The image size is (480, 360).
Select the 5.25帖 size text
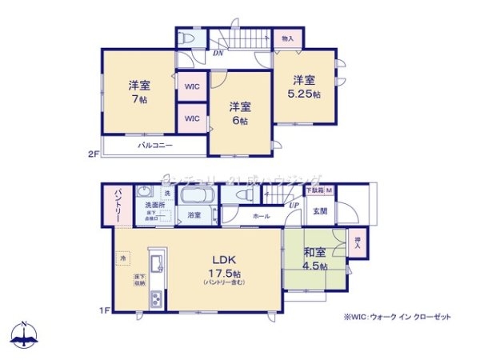[x=306, y=94]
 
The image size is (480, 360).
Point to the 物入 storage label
[x=288, y=38]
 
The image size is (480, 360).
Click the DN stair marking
[x=218, y=54]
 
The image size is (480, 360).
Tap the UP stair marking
[x=294, y=206]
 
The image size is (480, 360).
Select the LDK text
[x=222, y=259]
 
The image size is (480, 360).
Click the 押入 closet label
[x=358, y=242]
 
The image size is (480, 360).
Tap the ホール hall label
[x=261, y=216]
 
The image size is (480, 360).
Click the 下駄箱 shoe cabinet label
[x=314, y=190]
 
